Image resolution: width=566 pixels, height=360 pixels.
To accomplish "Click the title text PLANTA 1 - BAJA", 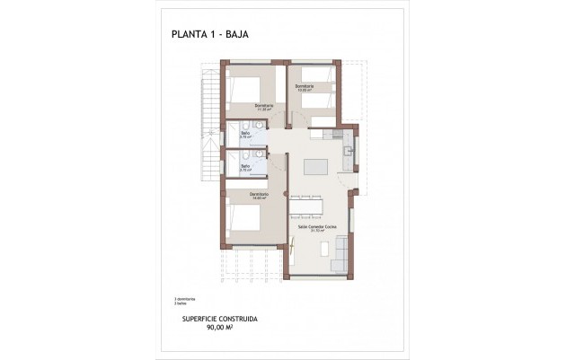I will [x=208, y=35].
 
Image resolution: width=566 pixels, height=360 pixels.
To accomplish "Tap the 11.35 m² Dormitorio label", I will [x=263, y=108].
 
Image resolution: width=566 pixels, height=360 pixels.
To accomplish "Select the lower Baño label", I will [x=244, y=167].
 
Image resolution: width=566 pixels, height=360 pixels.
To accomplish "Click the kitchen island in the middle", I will [x=314, y=167].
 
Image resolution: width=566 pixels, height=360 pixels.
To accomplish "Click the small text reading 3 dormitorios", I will [x=184, y=299].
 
